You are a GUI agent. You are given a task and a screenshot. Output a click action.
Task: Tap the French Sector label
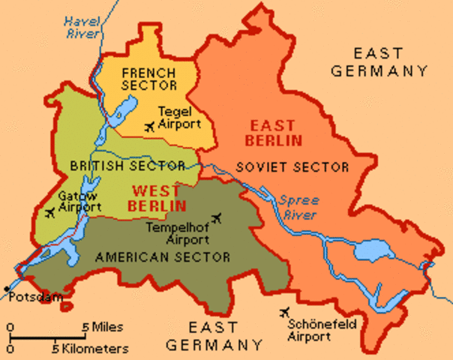[x=148, y=79]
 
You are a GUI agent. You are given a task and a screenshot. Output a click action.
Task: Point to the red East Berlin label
[x=276, y=133]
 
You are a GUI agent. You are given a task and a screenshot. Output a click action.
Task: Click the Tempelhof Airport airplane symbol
[x=218, y=218]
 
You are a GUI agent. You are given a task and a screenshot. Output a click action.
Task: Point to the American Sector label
[x=163, y=257]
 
